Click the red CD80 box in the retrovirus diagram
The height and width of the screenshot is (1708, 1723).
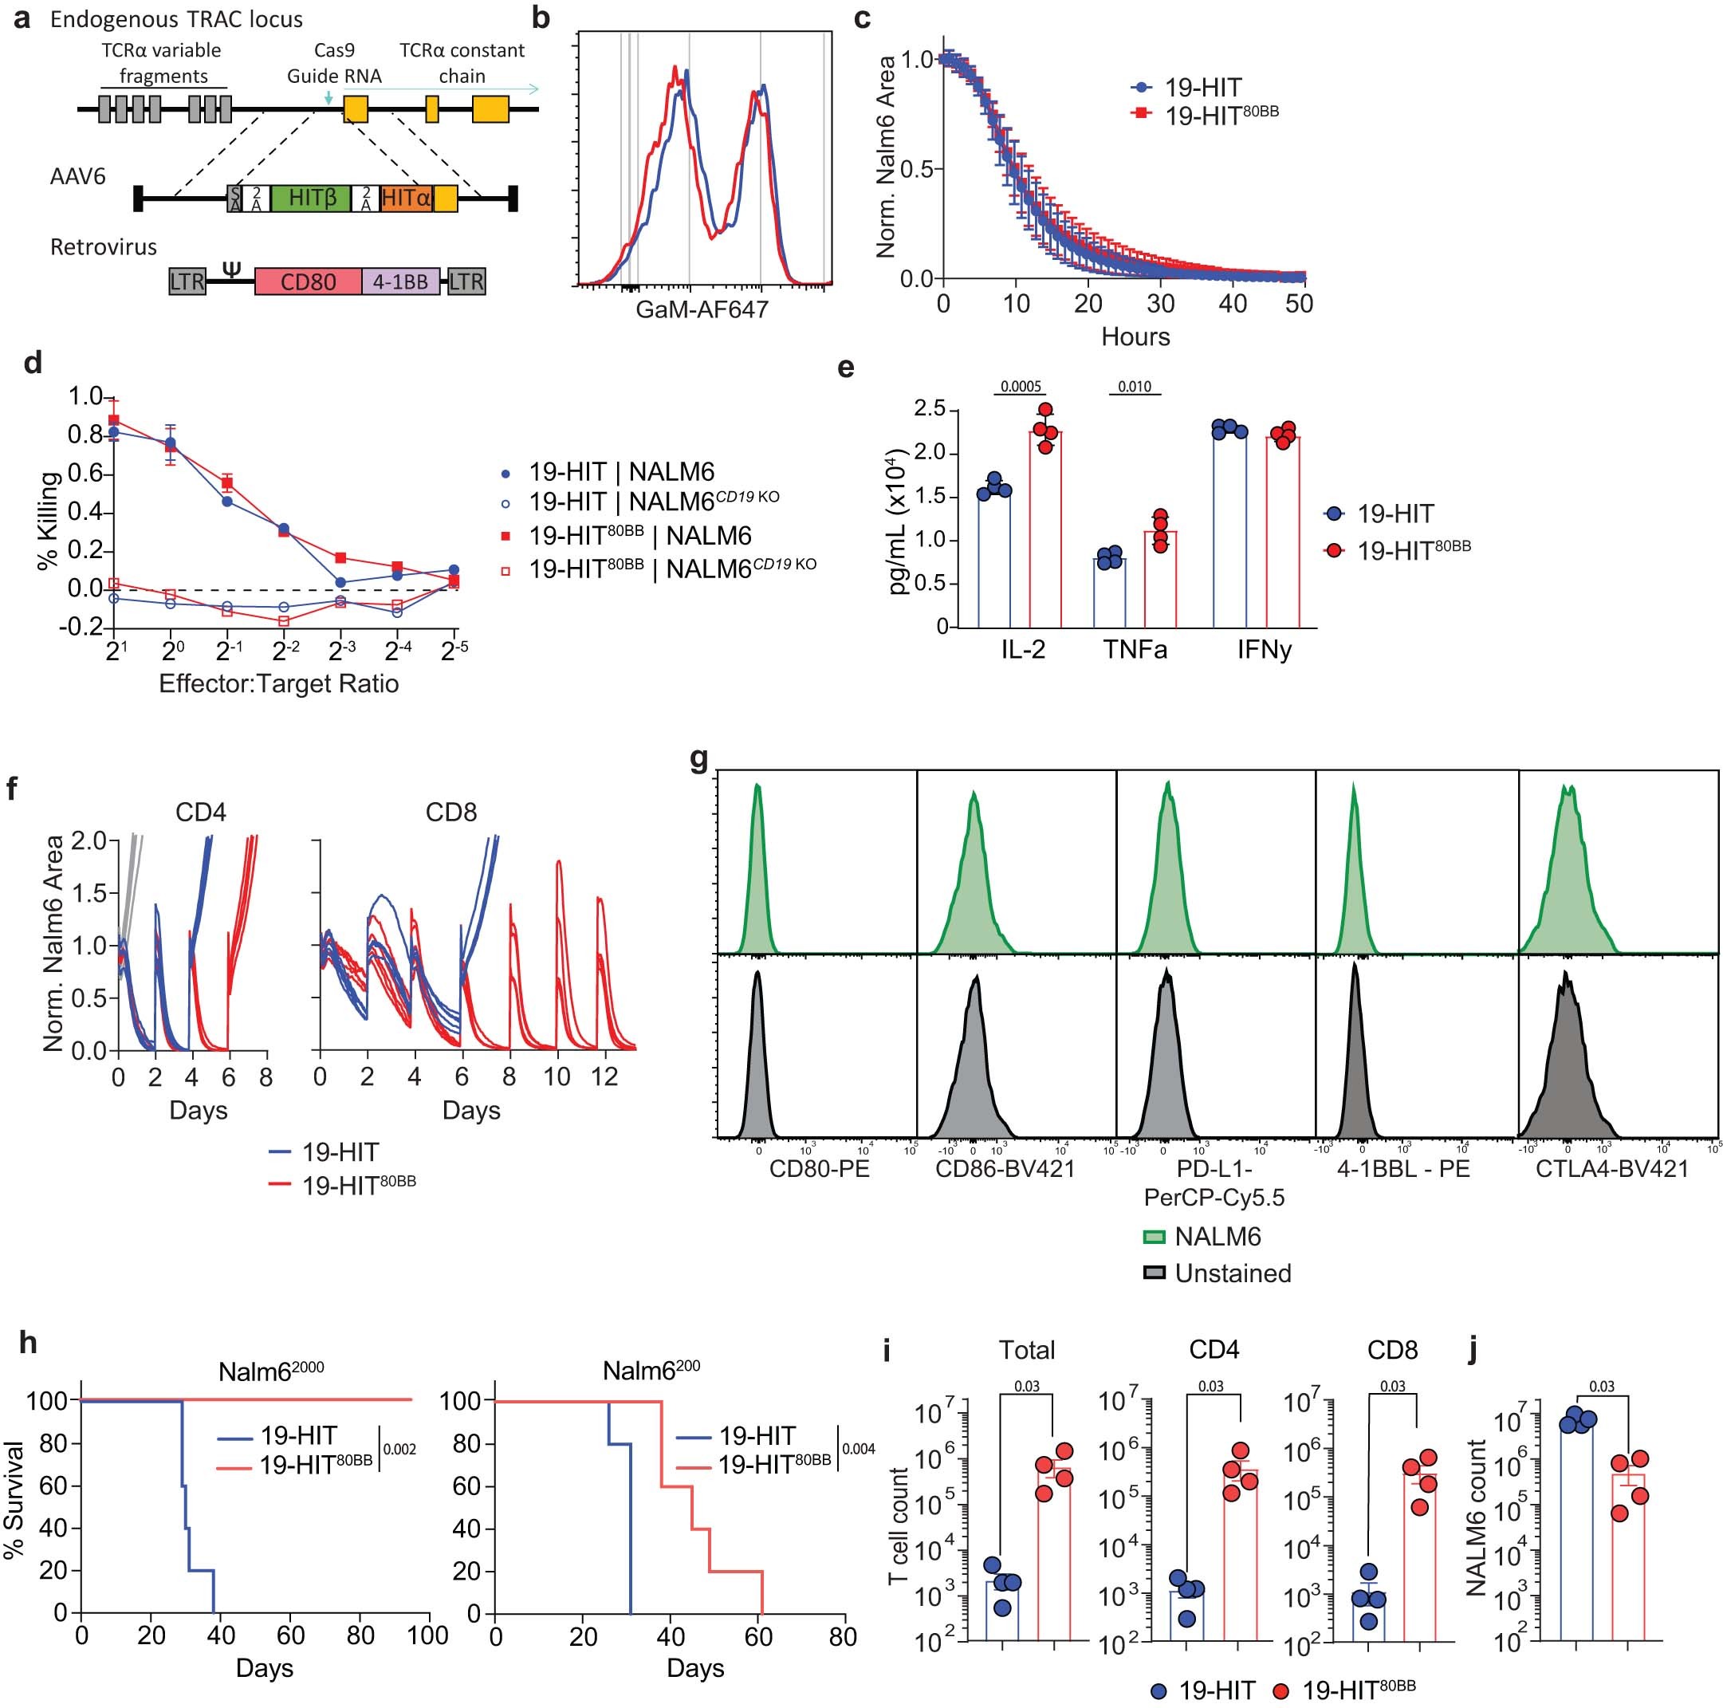308,281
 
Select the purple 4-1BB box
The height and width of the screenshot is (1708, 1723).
400,281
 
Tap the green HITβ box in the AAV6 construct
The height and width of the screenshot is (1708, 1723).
312,198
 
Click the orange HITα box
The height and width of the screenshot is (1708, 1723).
406,198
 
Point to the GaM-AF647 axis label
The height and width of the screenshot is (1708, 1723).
702,309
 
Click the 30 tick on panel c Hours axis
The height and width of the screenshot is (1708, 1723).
1160,304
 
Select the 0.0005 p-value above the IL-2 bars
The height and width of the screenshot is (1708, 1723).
1021,387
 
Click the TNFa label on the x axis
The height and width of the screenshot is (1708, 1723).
1135,649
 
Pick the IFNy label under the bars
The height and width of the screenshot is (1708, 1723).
1264,649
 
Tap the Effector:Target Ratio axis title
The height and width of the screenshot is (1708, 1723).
278,684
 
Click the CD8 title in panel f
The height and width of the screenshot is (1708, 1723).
450,813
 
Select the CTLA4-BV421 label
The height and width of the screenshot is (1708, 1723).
1611,1168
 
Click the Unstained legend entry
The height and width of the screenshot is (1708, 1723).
1233,1273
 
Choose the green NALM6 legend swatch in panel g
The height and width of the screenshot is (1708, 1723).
1155,1237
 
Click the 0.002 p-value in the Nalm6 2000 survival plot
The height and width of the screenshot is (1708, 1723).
399,1450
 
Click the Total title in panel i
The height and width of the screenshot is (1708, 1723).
1026,1350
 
